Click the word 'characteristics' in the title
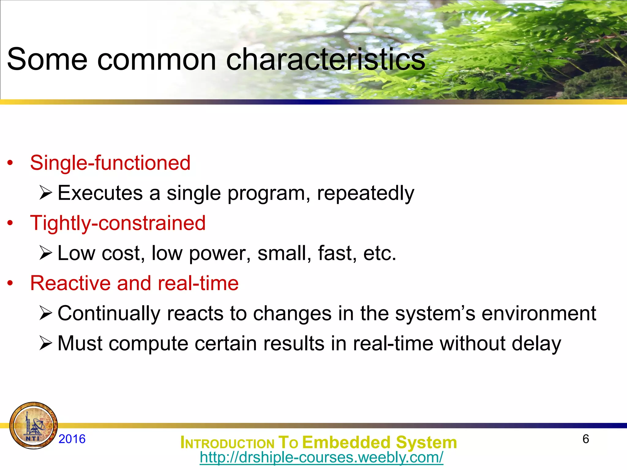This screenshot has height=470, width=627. point(325,59)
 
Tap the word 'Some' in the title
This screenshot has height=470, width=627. point(47,59)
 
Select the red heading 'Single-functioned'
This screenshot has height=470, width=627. point(110,163)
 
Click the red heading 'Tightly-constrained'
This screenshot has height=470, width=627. point(118,223)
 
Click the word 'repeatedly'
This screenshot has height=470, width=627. point(366,193)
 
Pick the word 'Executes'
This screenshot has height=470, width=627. point(100,193)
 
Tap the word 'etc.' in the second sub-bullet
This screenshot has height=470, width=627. point(380,254)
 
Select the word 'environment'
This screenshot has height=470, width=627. point(539,314)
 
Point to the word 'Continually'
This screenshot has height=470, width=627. point(109,314)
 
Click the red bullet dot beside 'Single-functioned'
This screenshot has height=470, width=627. point(10,163)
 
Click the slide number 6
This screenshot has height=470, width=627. point(586,439)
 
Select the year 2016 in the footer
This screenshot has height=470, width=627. point(72,439)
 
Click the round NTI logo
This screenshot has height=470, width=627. point(33,426)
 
